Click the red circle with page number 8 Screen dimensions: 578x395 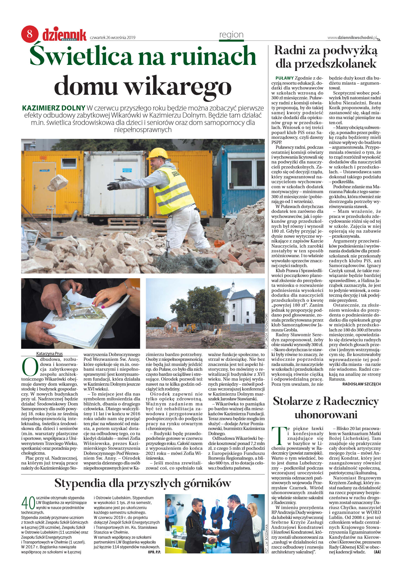30,34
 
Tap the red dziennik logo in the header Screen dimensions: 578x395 64,35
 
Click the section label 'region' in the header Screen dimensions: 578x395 231,34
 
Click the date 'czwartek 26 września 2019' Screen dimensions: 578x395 113,38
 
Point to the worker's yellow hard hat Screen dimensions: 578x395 157,153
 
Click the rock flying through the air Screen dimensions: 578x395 58,183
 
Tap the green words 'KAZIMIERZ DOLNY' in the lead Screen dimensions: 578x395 53,108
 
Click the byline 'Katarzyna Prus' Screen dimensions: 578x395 49,353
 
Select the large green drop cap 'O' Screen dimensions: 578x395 30,367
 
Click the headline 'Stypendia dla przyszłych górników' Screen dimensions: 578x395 143,483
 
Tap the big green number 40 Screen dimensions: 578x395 28,503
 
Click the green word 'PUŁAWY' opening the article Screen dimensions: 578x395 284,78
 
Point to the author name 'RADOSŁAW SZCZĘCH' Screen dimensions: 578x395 361,384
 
